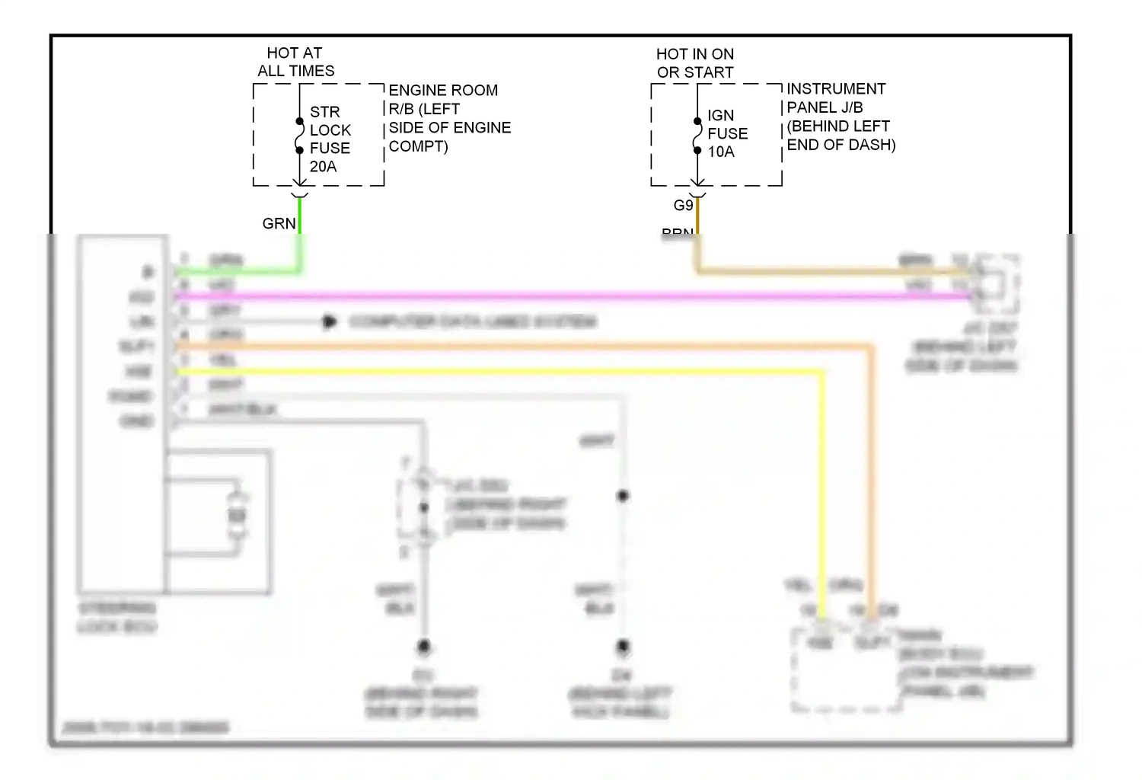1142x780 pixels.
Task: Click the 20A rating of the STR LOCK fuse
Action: [x=323, y=167]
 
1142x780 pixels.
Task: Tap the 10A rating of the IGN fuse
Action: [x=721, y=152]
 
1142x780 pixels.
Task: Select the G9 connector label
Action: [x=683, y=206]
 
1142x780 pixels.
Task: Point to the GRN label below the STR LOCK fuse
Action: [x=279, y=224]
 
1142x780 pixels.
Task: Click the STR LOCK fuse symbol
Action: [x=300, y=136]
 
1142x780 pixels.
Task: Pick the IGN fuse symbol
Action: [x=697, y=136]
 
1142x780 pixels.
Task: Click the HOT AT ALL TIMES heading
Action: [x=295, y=62]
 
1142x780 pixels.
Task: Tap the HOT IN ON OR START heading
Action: [x=695, y=63]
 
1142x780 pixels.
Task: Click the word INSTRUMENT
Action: [x=836, y=89]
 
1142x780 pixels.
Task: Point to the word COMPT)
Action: [x=418, y=146]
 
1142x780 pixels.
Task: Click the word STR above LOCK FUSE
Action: [x=324, y=112]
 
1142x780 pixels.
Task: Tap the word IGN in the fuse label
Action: [x=720, y=116]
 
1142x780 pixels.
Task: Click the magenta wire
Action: [x=533, y=296]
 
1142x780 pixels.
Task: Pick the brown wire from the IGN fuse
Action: [x=799, y=270]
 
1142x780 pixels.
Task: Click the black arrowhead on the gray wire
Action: [x=330, y=322]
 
